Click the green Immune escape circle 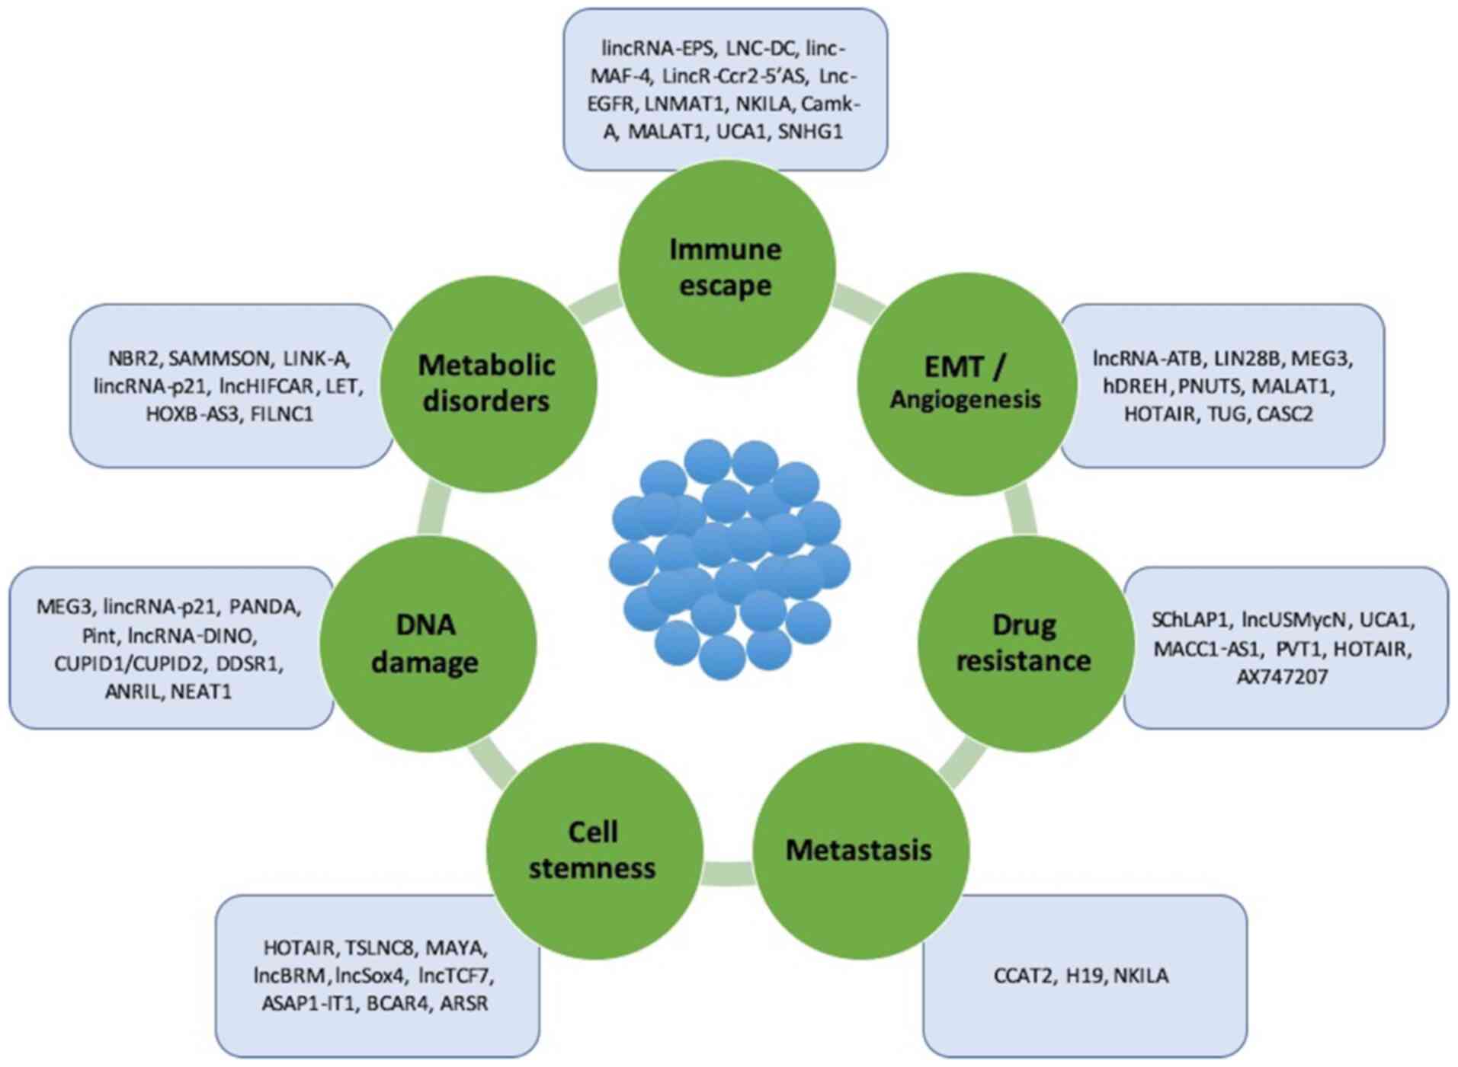tap(726, 268)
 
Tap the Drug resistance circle tap(1024, 644)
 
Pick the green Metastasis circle tap(860, 850)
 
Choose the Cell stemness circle tap(593, 850)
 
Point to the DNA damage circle tap(427, 644)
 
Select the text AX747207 tap(1282, 676)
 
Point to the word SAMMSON tap(219, 358)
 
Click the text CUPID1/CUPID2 tap(129, 663)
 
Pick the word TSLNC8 tap(380, 947)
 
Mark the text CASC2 tap(1284, 414)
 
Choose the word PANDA tap(264, 607)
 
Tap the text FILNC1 tap(282, 414)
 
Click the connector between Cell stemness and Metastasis tap(728, 873)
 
